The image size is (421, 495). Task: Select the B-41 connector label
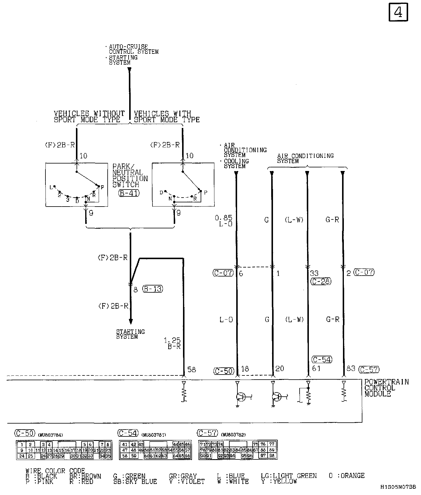(129, 193)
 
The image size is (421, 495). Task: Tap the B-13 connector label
(153, 289)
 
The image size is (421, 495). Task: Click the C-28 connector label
(321, 281)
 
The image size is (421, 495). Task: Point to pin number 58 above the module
(191, 369)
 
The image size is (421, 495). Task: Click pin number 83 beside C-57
(351, 369)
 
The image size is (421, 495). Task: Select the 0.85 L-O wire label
(224, 221)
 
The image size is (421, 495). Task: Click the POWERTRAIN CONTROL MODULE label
(386, 388)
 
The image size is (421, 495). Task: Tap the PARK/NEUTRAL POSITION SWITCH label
(130, 175)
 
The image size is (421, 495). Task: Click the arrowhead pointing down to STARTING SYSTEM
(131, 321)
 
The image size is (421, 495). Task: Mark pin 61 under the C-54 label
(316, 369)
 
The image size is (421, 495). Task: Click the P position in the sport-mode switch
(205, 192)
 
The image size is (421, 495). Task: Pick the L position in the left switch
(51, 187)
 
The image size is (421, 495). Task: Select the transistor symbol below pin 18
(240, 397)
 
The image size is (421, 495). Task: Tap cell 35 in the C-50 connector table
(108, 456)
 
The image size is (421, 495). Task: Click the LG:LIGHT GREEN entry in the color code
(289, 475)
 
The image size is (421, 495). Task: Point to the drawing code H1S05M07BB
(398, 487)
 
